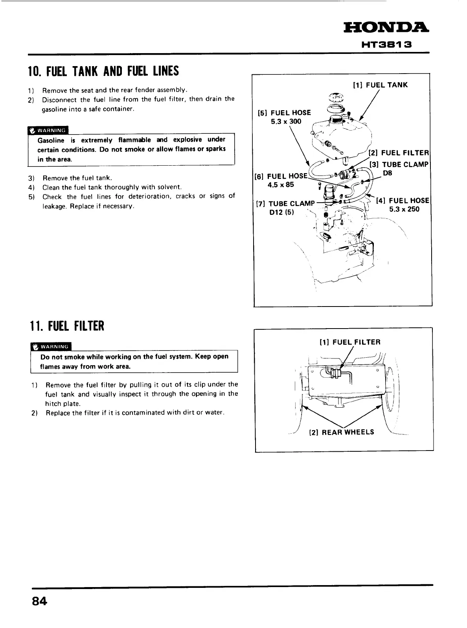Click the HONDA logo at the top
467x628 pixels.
tap(386, 28)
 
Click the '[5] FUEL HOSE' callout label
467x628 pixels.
tap(284, 113)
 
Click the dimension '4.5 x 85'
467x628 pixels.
tap(281, 185)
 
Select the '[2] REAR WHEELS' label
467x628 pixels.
tap(342, 432)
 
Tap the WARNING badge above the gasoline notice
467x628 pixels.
tap(48, 130)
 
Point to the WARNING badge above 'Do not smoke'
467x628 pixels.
tap(51, 347)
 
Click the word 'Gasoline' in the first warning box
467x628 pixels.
tap(51, 140)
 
